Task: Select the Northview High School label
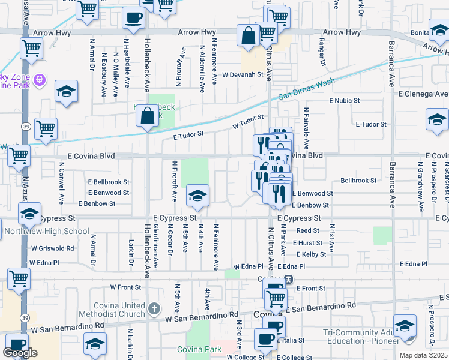point(46,231)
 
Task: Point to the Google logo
point(20,353)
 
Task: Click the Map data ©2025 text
point(424,355)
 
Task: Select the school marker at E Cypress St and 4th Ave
point(197,196)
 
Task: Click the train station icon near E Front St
point(289,279)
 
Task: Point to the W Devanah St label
point(243,75)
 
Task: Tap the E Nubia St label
point(345,101)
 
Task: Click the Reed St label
point(307,230)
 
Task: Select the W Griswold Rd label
point(53,247)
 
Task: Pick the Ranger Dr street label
point(322,55)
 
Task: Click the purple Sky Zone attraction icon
point(40,79)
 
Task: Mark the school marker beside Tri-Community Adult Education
point(405,326)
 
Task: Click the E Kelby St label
point(311,254)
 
